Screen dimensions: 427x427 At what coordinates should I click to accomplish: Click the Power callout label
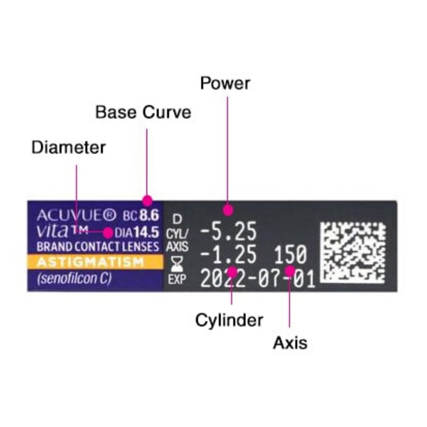point(225,83)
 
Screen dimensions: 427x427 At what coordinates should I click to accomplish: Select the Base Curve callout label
point(143,112)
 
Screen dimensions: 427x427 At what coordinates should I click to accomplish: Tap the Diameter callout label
point(68,148)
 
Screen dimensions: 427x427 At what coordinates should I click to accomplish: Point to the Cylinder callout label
point(229,321)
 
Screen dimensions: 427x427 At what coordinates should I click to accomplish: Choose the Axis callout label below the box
point(290,343)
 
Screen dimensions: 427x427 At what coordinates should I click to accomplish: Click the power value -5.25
point(228,232)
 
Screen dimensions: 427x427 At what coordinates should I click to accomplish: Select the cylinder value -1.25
point(228,255)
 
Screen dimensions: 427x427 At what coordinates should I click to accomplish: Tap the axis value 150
point(290,255)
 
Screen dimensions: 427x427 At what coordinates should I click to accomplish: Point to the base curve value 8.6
point(149,216)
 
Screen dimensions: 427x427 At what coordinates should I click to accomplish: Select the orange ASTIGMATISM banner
point(95,262)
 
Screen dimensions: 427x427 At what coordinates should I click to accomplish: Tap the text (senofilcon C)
point(74,279)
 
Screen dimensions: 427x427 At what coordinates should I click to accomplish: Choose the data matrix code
point(353,252)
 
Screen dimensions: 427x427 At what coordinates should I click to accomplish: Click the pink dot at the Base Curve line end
point(147,201)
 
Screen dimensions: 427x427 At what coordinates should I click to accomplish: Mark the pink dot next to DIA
point(108,233)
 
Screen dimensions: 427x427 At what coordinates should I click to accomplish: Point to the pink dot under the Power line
point(228,210)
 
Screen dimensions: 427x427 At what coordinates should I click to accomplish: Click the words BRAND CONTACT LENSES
point(98,247)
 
